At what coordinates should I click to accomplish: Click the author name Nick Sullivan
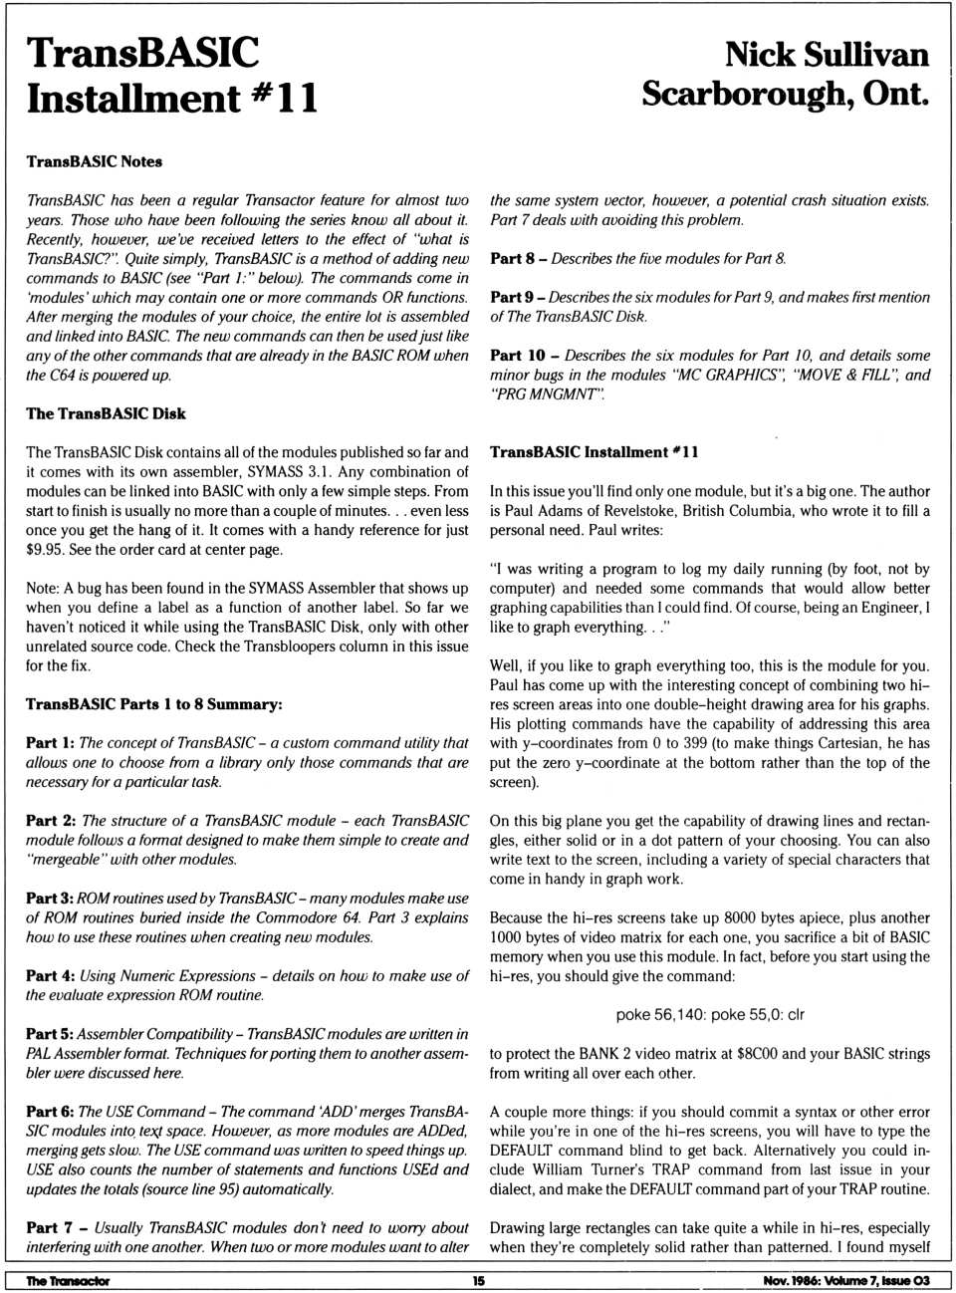(826, 54)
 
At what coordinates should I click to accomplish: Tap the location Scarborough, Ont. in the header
(785, 94)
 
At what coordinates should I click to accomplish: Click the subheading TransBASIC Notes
(94, 161)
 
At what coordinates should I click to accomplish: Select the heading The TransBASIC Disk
(106, 413)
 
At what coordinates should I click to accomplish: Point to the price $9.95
(46, 549)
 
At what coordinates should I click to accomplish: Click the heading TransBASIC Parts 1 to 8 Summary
(153, 704)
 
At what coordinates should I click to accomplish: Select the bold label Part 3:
(49, 899)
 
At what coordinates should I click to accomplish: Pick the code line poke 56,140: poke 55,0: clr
(709, 1015)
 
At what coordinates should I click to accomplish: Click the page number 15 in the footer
(478, 1281)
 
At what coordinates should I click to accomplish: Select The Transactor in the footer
(68, 1281)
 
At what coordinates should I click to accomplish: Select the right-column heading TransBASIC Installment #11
(594, 452)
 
